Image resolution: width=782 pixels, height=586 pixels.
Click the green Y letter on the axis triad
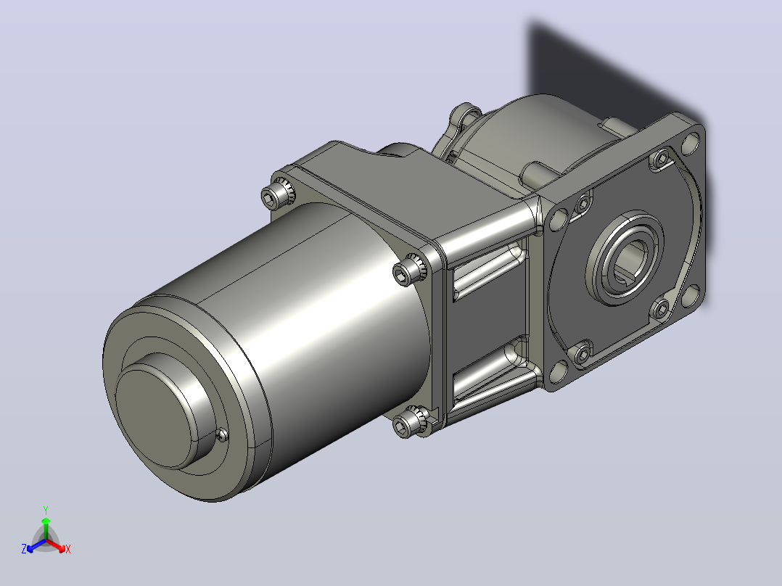[x=46, y=510]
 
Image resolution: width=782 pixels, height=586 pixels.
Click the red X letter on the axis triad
[x=68, y=549]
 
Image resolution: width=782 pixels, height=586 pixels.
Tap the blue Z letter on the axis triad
[x=23, y=548]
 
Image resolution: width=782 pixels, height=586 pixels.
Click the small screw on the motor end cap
[x=223, y=435]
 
